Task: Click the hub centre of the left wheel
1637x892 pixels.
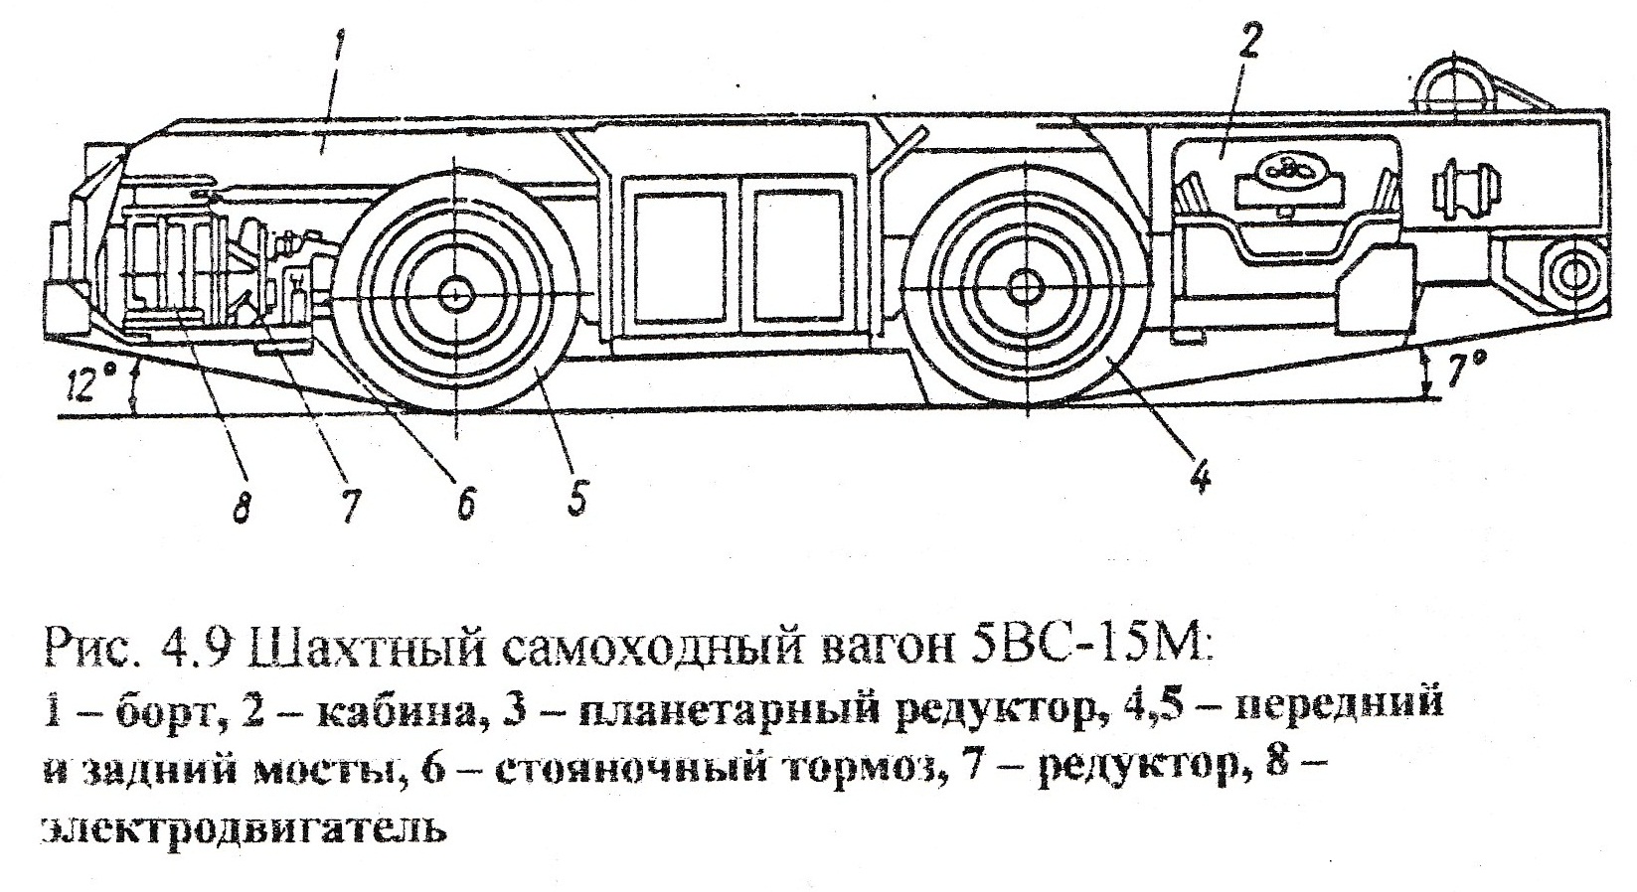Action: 455,293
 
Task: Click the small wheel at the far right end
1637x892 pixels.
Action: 1570,273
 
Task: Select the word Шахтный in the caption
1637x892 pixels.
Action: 347,648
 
